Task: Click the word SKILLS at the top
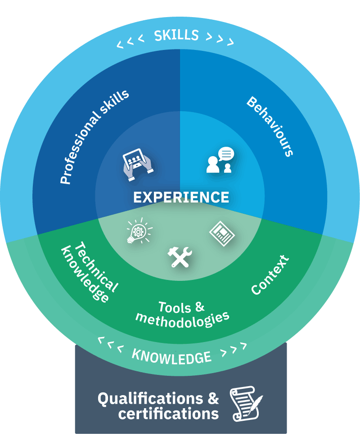coord(176,36)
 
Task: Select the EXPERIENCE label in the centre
coord(181,197)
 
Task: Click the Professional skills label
coord(94,137)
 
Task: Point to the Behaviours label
coord(270,126)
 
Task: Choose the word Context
coord(270,275)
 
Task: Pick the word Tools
coord(175,307)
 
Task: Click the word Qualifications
coord(150,399)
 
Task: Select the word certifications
coord(168,414)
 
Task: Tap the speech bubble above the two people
coord(226,153)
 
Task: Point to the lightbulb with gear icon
coord(139,231)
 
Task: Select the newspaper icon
coord(222,234)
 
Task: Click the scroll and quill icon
coord(246,403)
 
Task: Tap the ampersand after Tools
coord(200,306)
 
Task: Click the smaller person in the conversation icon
coord(228,168)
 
